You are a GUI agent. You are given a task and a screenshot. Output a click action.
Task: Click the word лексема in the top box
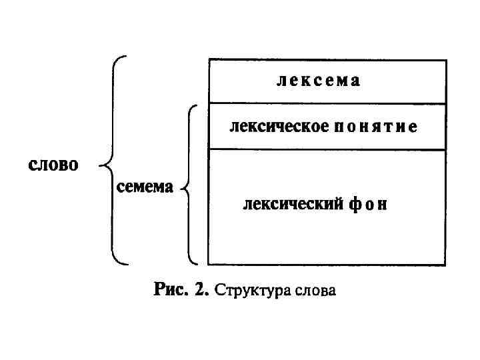pyautogui.click(x=318, y=81)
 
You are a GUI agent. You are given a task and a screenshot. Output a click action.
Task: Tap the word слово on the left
pyautogui.click(x=53, y=165)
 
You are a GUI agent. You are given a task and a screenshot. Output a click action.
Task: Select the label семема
pyautogui.click(x=145, y=187)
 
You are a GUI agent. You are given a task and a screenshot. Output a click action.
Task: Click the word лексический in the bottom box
pyautogui.click(x=293, y=204)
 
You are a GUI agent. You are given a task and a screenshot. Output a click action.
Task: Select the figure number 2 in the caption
pyautogui.click(x=202, y=290)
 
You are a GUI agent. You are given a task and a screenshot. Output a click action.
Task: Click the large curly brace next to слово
pyautogui.click(x=112, y=160)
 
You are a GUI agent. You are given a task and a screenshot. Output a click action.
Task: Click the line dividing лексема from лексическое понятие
pyautogui.click(x=327, y=103)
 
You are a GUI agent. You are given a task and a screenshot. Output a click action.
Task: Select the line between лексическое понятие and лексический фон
pyautogui.click(x=327, y=149)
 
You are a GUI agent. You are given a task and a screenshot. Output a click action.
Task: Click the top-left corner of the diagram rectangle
pyautogui.click(x=209, y=61)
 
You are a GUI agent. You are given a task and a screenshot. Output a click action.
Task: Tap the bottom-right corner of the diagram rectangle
pyautogui.click(x=446, y=265)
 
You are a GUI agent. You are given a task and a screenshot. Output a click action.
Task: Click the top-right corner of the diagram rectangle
pyautogui.click(x=446, y=61)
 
